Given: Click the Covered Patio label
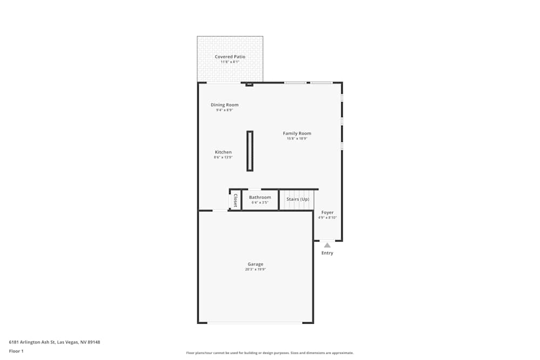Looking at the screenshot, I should pos(230,57).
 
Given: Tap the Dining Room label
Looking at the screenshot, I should pos(224,105).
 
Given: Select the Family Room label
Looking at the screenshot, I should pos(297,133).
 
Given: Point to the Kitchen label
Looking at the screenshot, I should pos(223,152).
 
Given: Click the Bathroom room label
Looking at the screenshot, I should pos(260,198).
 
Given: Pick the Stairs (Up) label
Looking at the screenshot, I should pos(298,199).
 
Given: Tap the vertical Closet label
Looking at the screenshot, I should pos(235,200).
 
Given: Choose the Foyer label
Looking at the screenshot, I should pos(327,213).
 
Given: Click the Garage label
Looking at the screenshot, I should pos(255,264).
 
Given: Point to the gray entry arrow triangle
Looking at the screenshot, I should pos(327,245).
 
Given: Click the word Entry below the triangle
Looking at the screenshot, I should pos(327,253).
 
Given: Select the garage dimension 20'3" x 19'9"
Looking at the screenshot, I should pos(255,269).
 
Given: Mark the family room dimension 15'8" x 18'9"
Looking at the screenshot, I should pos(297,139).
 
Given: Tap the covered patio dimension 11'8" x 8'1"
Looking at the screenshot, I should pos(230,62).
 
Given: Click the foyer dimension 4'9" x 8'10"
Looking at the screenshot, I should pos(327,218).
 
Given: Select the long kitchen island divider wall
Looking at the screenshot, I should pos(249,151).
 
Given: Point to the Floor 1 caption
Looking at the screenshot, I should pos(16,351).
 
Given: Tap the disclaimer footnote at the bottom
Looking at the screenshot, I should pos(270,353).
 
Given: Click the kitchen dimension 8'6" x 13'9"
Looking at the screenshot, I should pos(223,158).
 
